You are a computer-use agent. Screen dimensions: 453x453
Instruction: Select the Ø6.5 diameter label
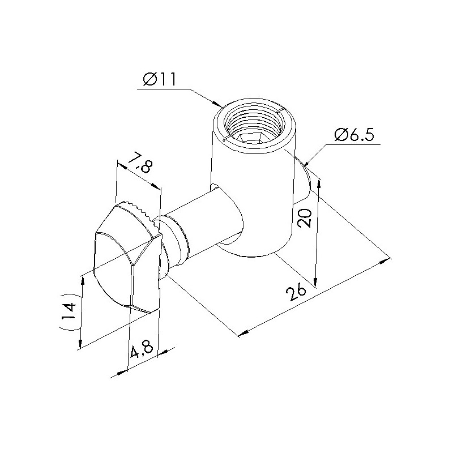tap(354, 135)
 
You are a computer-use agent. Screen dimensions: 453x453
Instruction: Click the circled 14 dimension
tap(69, 312)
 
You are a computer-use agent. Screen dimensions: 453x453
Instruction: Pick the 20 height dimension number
tap(305, 218)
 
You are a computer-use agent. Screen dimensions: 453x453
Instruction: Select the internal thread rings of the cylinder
tap(252, 123)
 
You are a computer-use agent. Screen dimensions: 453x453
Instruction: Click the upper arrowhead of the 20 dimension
tap(319, 183)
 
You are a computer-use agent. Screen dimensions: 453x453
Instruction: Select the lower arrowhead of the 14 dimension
tap(80, 343)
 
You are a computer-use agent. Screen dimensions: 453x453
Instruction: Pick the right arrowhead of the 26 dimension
tap(385, 260)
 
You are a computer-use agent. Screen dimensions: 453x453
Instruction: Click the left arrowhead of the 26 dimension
tap(244, 333)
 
